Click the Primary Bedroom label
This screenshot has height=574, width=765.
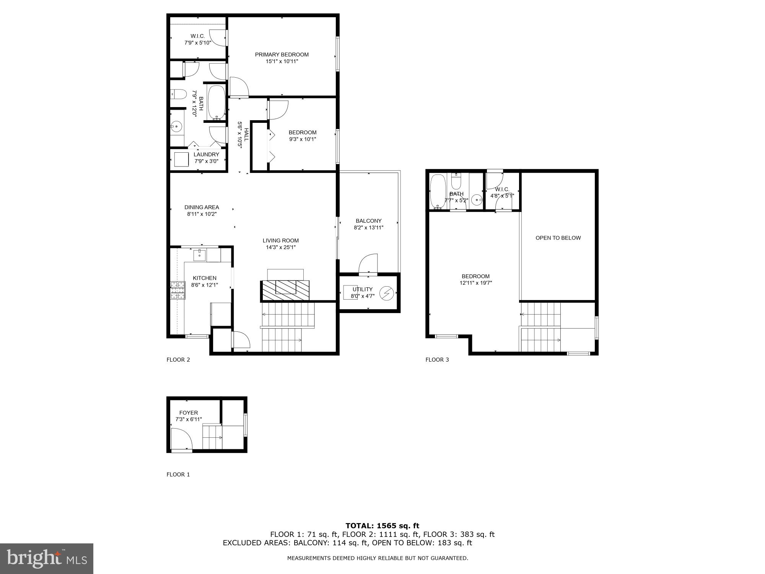click(x=282, y=55)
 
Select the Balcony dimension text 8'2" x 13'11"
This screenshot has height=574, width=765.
click(x=368, y=228)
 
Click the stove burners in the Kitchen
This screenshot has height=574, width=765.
click(x=177, y=290)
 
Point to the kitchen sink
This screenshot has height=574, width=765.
click(x=199, y=254)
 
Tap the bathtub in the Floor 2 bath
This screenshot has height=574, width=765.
click(x=216, y=103)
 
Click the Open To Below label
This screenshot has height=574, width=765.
click(x=558, y=238)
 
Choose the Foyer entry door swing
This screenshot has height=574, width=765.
click(x=181, y=439)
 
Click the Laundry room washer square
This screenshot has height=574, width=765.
click(x=181, y=159)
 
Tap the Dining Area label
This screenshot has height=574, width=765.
click(x=202, y=207)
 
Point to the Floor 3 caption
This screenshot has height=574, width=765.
click(x=437, y=360)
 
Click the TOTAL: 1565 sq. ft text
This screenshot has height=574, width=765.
click(x=382, y=526)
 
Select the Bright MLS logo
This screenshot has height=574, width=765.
click(x=47, y=559)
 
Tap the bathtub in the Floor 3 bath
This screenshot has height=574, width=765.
click(x=438, y=191)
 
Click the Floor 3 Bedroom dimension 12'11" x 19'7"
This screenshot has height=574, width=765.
click(x=475, y=283)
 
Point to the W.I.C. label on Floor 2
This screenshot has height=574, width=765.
click(x=198, y=36)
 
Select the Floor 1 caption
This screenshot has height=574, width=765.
click(x=178, y=475)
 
